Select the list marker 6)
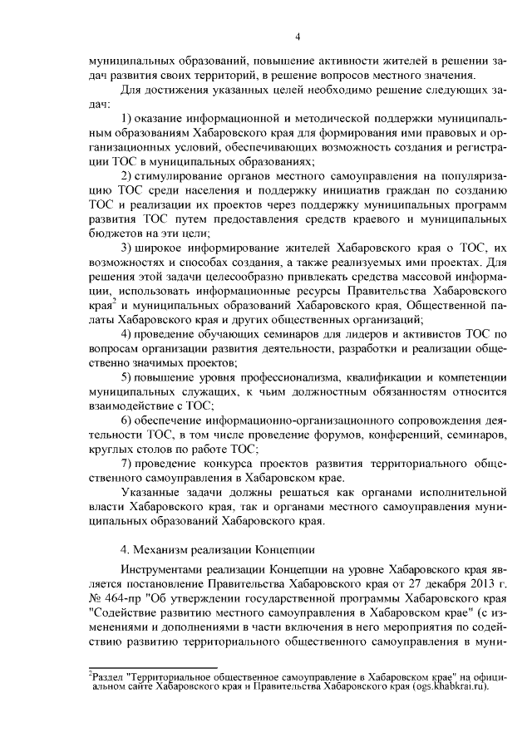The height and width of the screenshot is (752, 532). (x=127, y=420)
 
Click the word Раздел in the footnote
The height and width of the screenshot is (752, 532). (x=108, y=678)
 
